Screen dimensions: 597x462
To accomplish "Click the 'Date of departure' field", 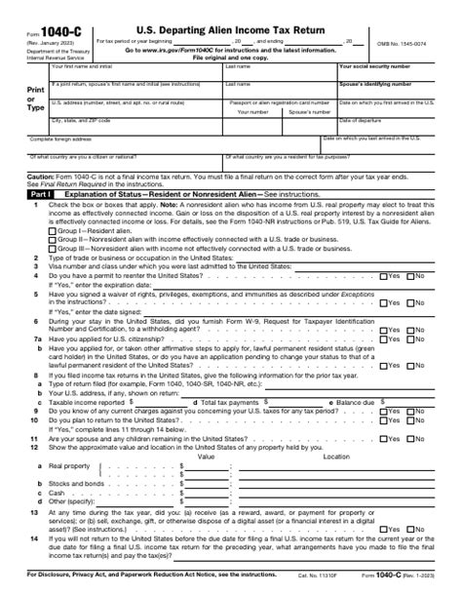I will [x=398, y=125].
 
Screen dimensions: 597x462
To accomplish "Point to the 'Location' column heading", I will [x=336, y=429].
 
